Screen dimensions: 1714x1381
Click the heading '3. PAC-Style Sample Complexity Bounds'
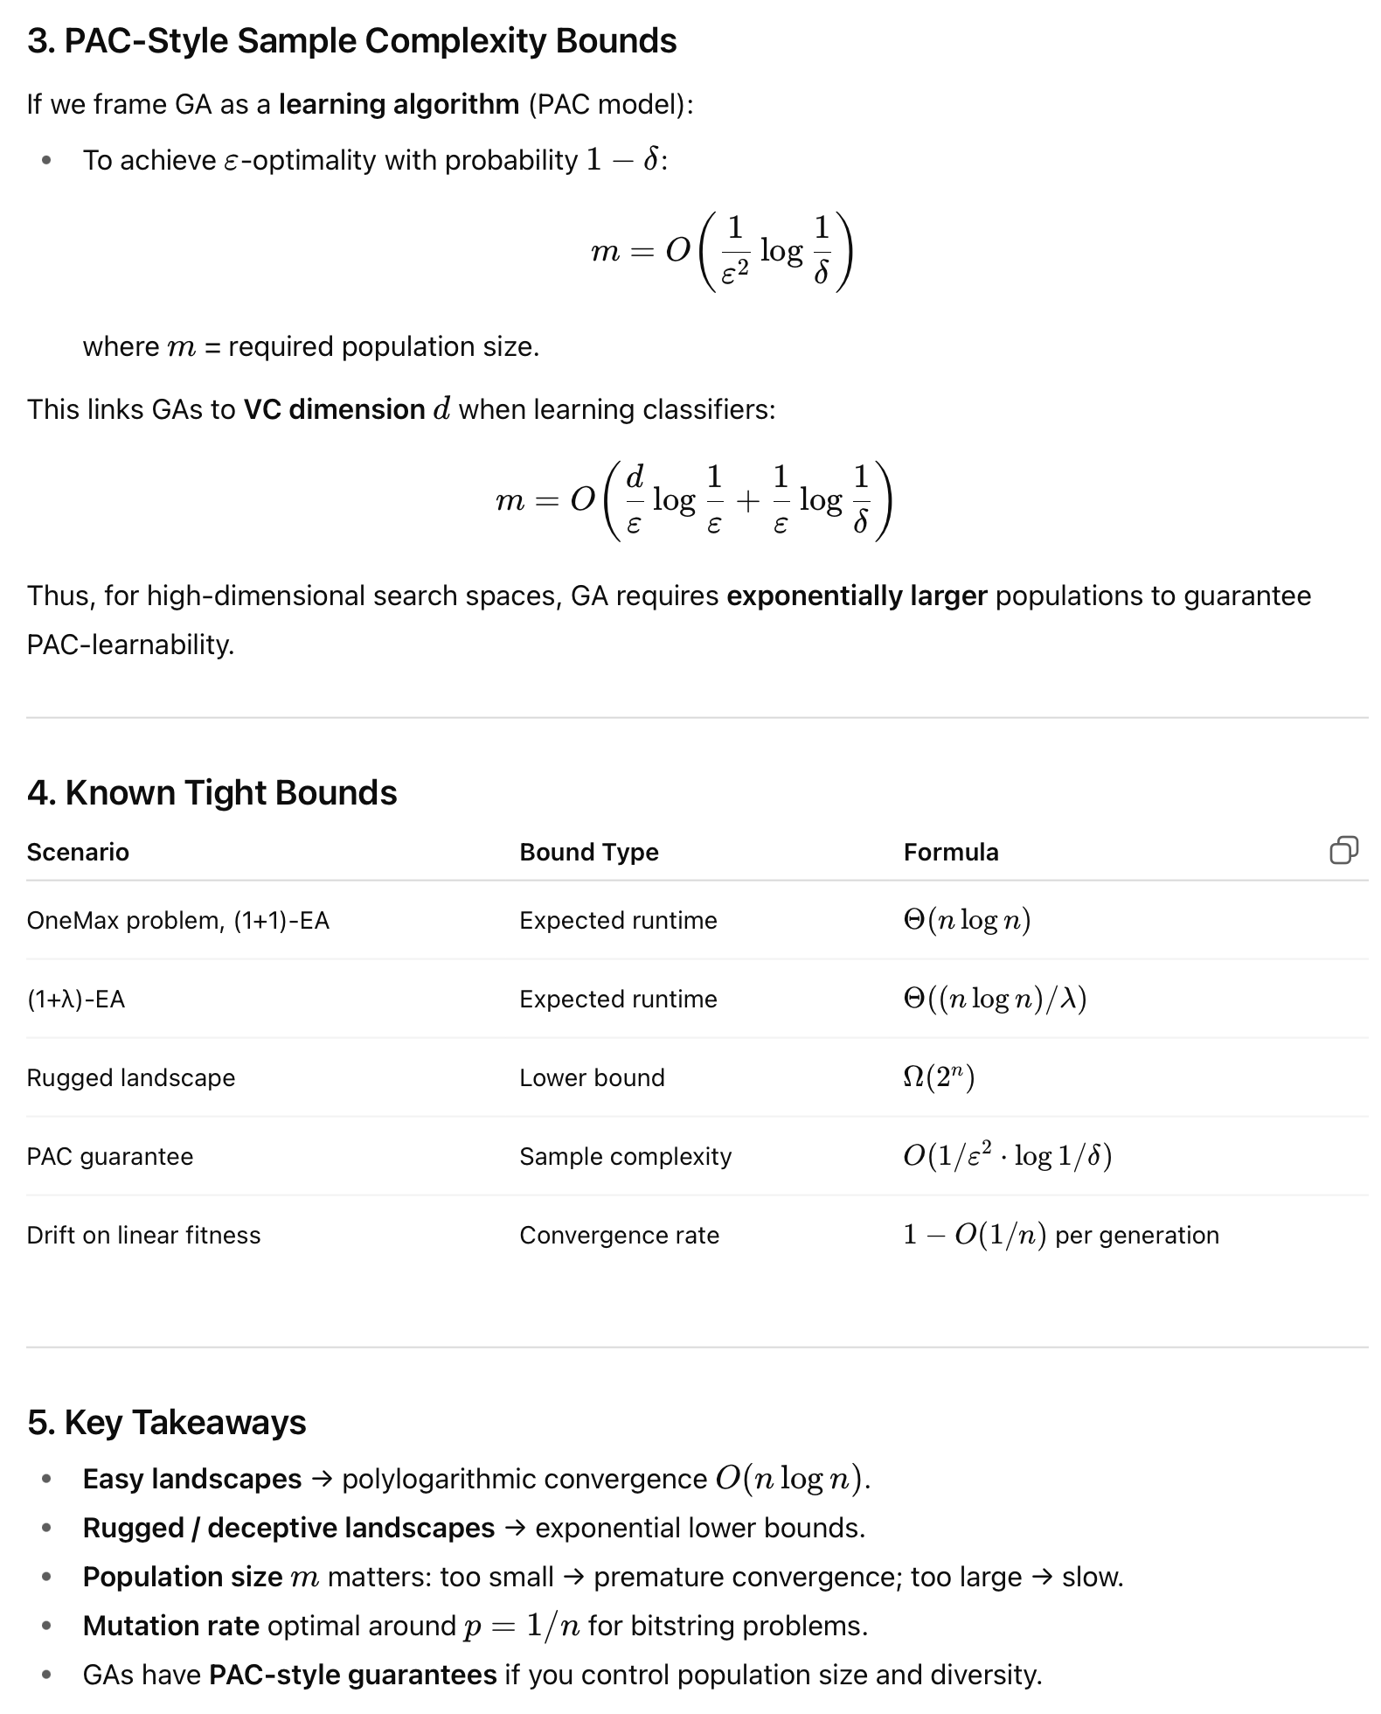(351, 41)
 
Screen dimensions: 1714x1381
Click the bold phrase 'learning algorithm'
(399, 104)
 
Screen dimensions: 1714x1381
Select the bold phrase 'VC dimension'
(334, 409)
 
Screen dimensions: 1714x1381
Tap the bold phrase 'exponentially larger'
(857, 596)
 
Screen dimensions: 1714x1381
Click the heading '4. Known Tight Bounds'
(212, 792)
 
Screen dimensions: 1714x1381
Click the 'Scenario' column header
(78, 852)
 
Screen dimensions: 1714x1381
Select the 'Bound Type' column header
(588, 852)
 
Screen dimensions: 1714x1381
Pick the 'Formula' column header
(950, 852)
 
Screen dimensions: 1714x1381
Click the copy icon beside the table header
(1343, 850)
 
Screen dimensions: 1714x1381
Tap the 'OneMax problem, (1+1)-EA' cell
(177, 920)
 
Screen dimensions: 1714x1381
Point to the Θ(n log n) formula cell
(967, 920)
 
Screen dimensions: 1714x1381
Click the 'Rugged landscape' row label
(130, 1077)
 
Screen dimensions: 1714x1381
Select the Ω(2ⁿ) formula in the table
(939, 1077)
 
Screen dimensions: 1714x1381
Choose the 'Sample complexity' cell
(625, 1156)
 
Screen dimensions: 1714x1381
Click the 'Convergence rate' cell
(619, 1235)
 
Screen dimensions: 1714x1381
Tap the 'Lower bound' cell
(592, 1077)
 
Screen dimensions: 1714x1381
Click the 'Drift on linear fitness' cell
(143, 1235)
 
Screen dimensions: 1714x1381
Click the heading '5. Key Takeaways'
(166, 1423)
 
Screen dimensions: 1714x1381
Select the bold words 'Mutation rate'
(170, 1626)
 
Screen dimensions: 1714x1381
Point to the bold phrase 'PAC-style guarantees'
(352, 1675)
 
